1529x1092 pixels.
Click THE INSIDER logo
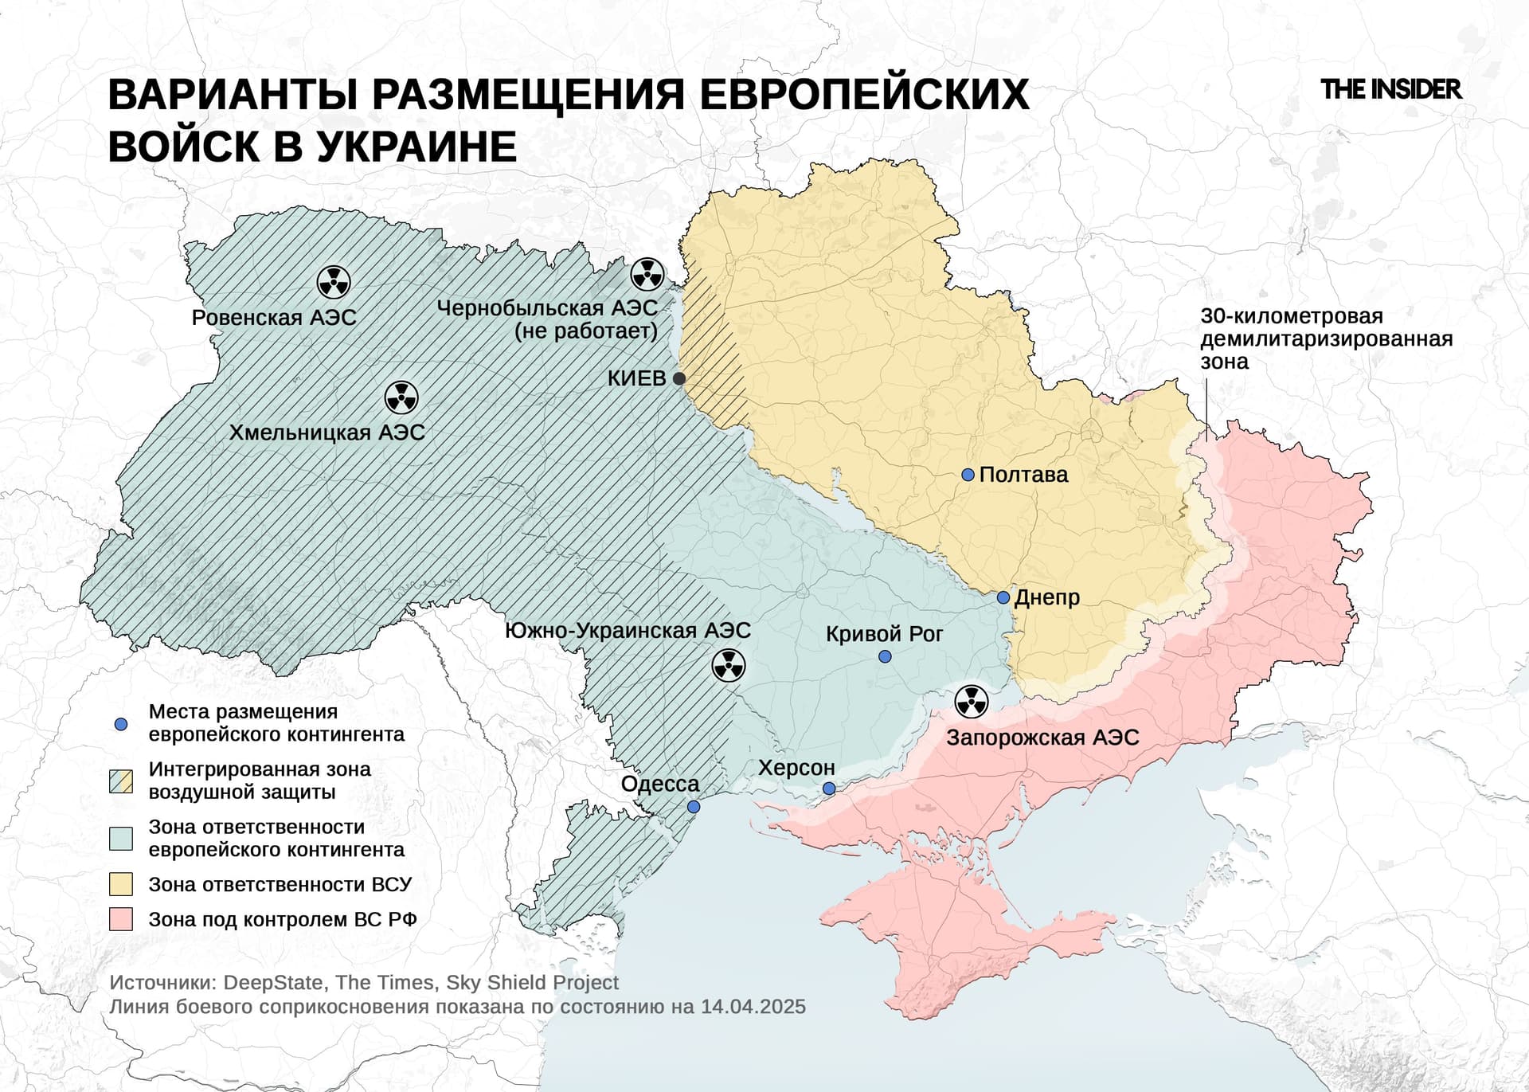pos(1390,89)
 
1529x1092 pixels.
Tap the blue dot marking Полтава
pos(968,475)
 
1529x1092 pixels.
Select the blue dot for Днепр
pos(1003,597)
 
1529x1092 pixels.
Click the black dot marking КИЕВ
pos(679,378)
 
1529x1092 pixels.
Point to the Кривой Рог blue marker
pos(884,656)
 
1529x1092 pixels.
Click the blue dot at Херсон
pos(828,789)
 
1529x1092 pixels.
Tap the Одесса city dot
pos(693,807)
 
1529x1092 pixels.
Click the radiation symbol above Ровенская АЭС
pos(334,281)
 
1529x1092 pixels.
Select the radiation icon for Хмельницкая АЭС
pos(401,397)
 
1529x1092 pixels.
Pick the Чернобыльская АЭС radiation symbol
pos(647,275)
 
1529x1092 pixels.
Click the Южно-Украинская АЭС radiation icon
pos(728,665)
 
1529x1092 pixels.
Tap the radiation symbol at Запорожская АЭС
pos(971,702)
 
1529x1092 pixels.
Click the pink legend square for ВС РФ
pos(121,919)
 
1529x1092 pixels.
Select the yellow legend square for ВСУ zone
pos(121,884)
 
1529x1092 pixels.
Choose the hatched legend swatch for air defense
pos(121,781)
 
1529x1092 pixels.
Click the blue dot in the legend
pos(121,724)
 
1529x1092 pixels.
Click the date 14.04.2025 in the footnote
pos(753,1007)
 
